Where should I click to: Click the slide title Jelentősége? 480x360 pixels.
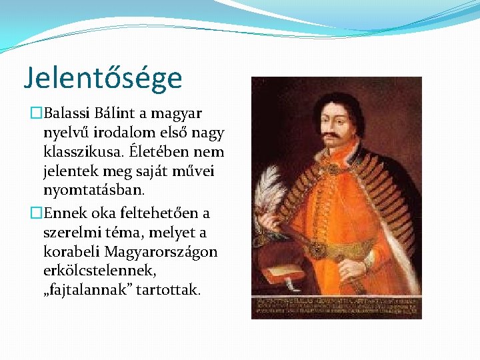(103, 78)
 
